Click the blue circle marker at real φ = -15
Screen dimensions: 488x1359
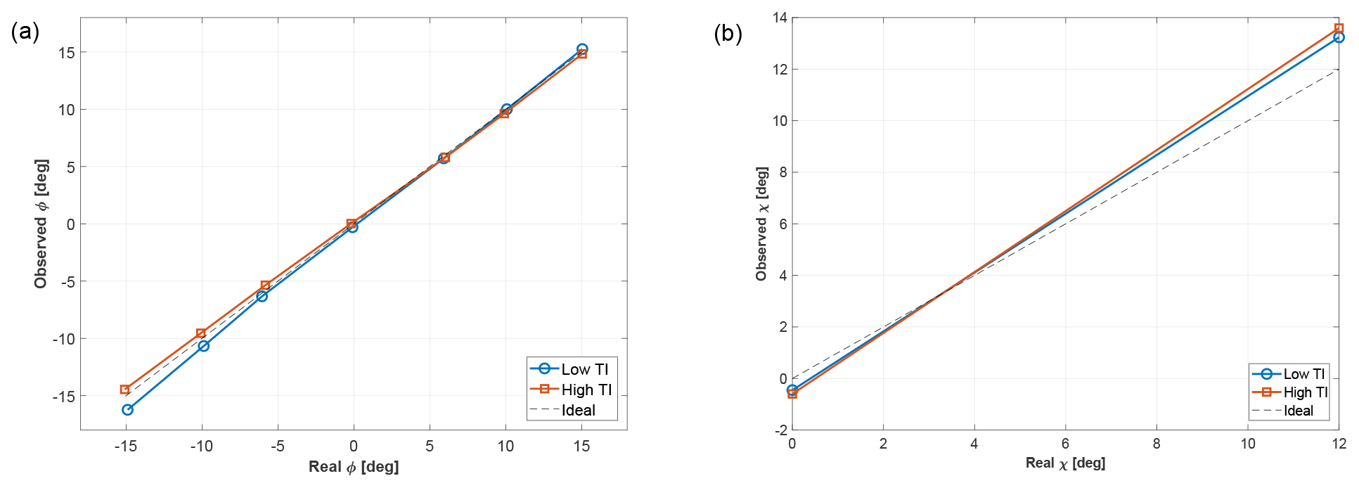tap(127, 409)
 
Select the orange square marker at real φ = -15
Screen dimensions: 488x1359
tap(124, 390)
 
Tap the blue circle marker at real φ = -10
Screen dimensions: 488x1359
tap(203, 346)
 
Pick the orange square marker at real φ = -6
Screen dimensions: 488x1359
tap(265, 285)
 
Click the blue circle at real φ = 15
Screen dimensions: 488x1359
tap(582, 49)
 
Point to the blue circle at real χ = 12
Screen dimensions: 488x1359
tap(1339, 37)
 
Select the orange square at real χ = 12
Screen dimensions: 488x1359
tap(1339, 28)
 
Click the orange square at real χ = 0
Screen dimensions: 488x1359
tap(792, 394)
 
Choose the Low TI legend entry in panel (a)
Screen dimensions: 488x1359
tap(584, 369)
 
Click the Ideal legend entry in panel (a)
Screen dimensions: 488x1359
tap(578, 410)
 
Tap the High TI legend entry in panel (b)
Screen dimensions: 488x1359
tap(1305, 392)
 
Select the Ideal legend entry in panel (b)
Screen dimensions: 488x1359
tap(1298, 411)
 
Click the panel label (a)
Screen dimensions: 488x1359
tap(25, 32)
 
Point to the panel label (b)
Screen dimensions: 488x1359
tap(728, 34)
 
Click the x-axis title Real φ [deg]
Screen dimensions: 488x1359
tap(354, 467)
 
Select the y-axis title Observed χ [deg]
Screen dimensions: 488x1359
tap(761, 224)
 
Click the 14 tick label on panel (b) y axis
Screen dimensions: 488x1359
tap(780, 18)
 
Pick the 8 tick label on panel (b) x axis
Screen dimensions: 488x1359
tap(1157, 444)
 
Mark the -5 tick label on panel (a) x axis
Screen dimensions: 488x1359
tap(277, 446)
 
